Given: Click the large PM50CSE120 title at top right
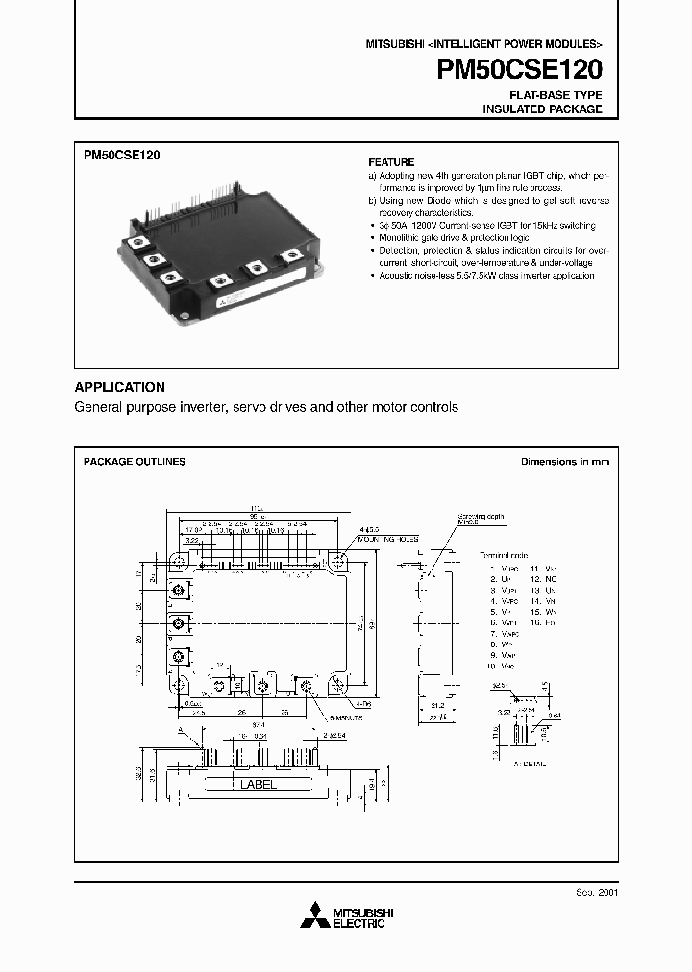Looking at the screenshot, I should click(520, 70).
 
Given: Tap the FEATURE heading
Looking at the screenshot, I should click(391, 162).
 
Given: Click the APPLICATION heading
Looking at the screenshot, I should click(119, 387).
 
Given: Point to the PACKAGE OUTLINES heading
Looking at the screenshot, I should click(135, 462).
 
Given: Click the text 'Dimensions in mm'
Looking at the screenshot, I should click(564, 462).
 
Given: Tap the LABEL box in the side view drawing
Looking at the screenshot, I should click(257, 784).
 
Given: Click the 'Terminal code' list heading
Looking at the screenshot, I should click(504, 555).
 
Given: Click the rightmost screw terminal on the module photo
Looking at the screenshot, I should click(290, 256).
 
